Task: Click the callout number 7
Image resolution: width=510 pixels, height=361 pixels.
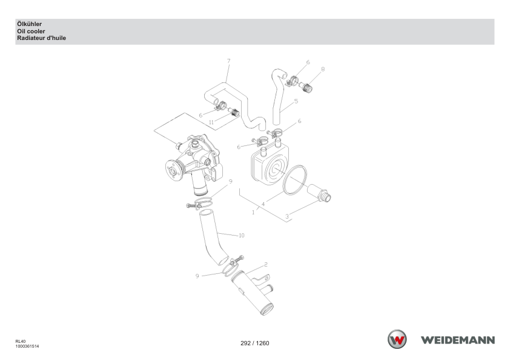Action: (229, 61)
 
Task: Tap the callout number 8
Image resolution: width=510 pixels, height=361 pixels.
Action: (323, 69)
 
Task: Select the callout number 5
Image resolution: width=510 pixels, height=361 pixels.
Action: (296, 102)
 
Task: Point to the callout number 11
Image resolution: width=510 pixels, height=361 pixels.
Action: (211, 122)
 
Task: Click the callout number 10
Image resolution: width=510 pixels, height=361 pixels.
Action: (241, 235)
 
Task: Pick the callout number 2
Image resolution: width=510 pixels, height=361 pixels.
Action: (266, 265)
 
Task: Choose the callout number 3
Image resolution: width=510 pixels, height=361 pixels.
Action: (287, 216)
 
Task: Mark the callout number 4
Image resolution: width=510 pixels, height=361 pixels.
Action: (263, 204)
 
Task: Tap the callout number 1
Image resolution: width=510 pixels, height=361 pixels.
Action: (253, 213)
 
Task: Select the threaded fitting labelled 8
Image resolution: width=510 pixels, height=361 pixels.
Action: (306, 87)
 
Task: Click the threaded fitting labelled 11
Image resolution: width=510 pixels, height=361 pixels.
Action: (234, 113)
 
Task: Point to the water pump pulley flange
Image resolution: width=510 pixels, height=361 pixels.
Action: (173, 171)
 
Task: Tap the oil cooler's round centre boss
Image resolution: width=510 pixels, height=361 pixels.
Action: (275, 169)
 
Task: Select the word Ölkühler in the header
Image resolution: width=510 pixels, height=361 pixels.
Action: (29, 24)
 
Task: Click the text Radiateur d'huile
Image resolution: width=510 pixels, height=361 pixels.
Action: (41, 38)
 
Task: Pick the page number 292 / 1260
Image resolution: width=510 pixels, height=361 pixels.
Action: (254, 343)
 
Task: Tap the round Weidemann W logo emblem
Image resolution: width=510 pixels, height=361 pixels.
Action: (397, 340)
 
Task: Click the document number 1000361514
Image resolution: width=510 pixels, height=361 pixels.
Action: (27, 346)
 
